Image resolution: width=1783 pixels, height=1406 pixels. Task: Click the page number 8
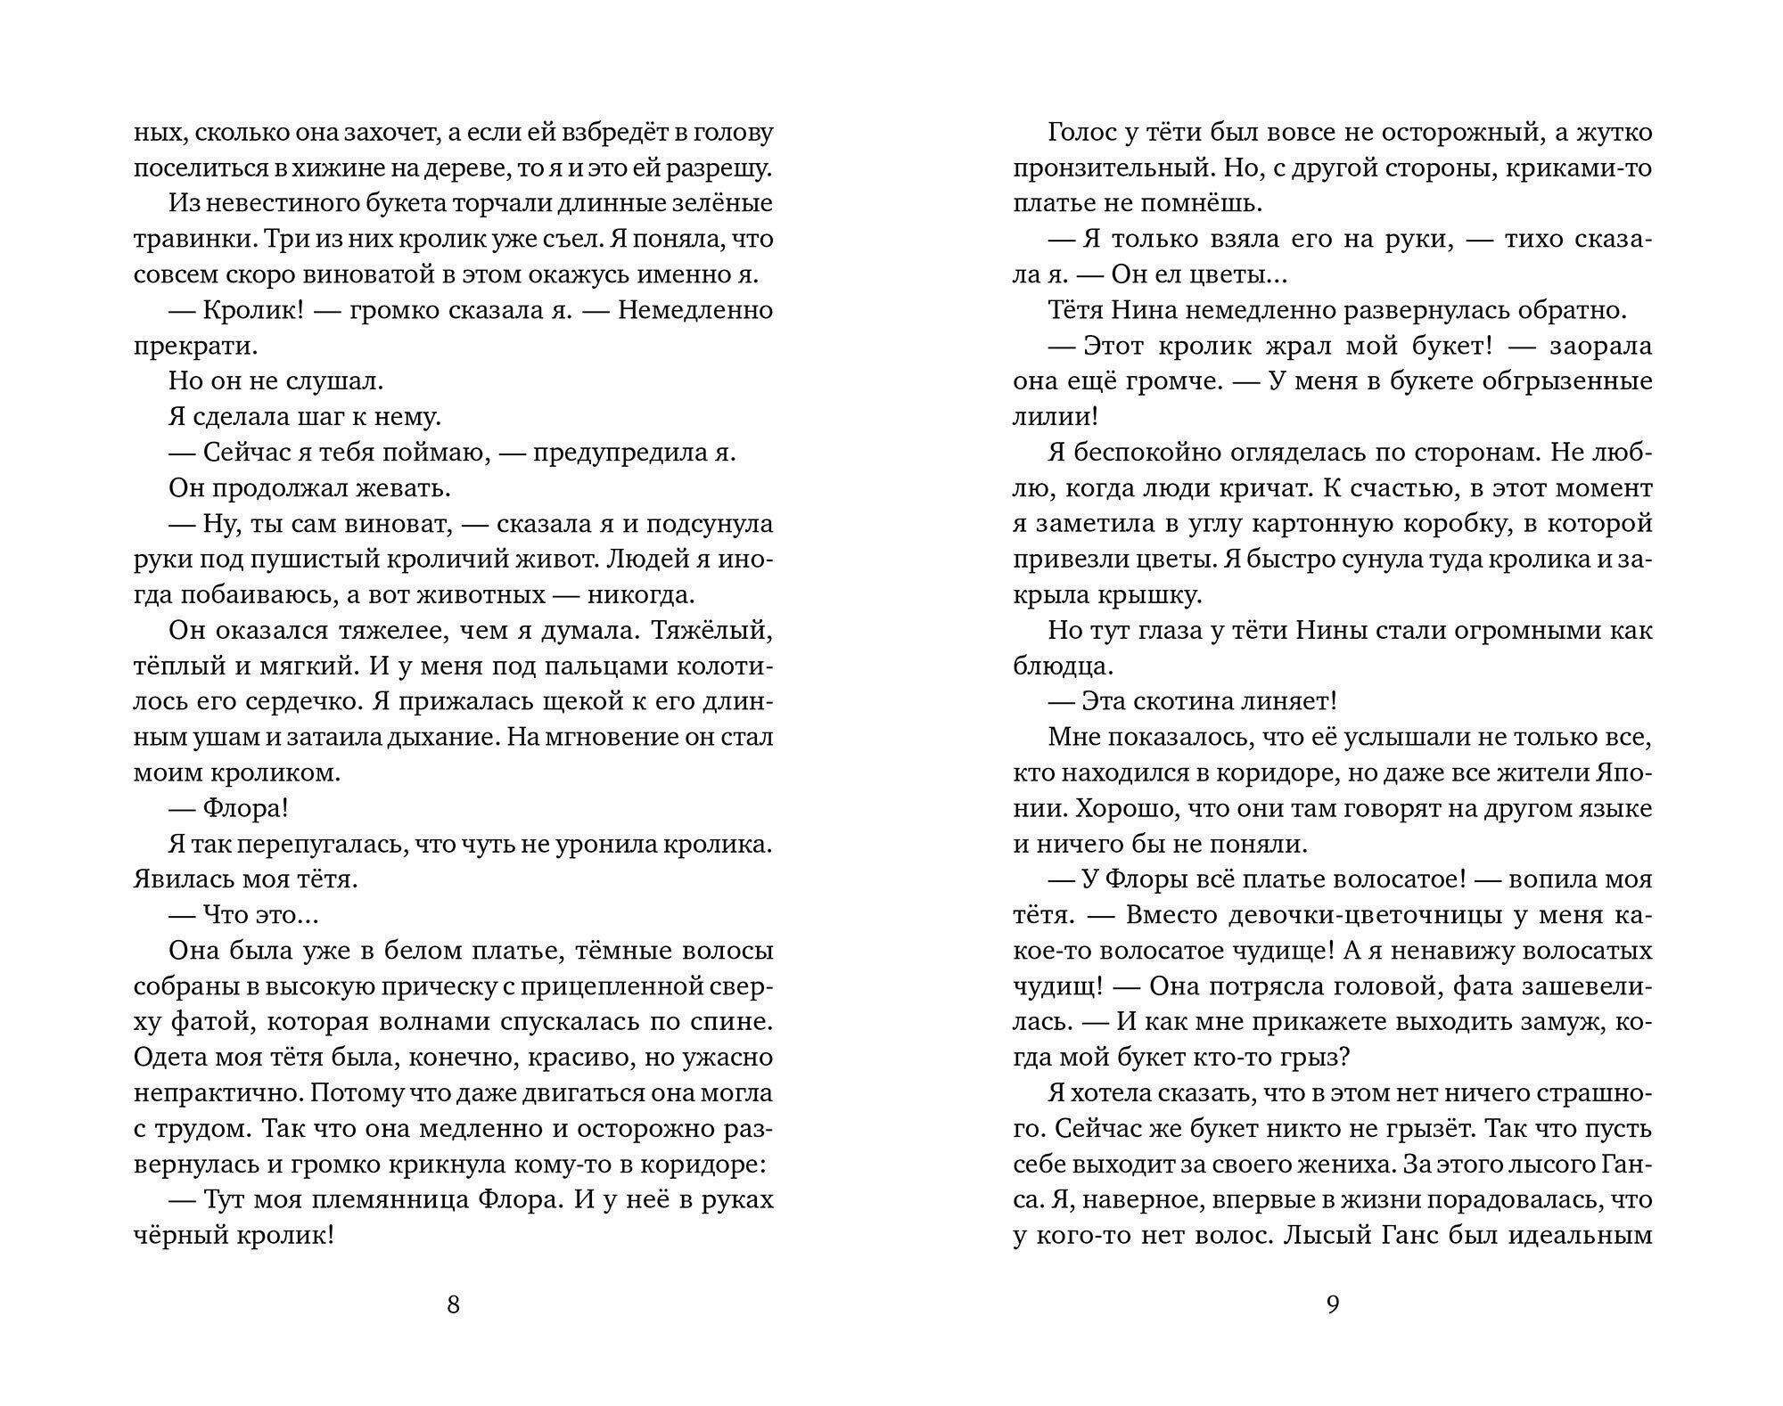coord(453,1305)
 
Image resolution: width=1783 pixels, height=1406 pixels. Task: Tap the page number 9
coord(1333,1305)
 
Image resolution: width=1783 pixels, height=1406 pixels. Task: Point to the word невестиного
coord(273,204)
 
